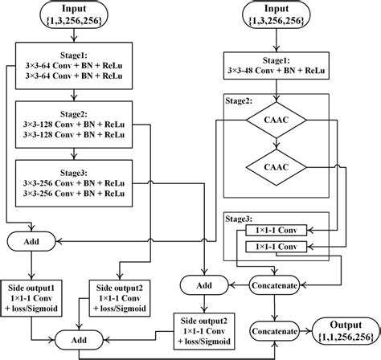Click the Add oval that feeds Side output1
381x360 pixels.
[x=31, y=239]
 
